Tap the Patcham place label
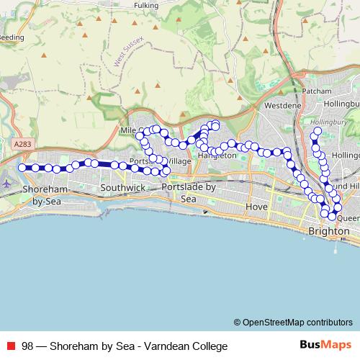pyautogui.click(x=318, y=91)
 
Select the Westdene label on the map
pyautogui.click(x=282, y=105)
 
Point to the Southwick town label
pyautogui.click(x=122, y=187)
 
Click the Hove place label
pyautogui.click(x=257, y=207)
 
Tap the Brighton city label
pyautogui.click(x=328, y=231)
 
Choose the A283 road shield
pyautogui.click(x=22, y=145)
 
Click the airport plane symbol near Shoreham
pyautogui.click(x=7, y=183)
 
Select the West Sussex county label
pyautogui.click(x=130, y=55)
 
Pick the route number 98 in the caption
pyautogui.click(x=27, y=346)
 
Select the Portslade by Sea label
pyautogui.click(x=189, y=192)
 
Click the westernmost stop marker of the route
pyautogui.click(x=22, y=168)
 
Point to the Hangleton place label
pyautogui.click(x=217, y=155)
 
